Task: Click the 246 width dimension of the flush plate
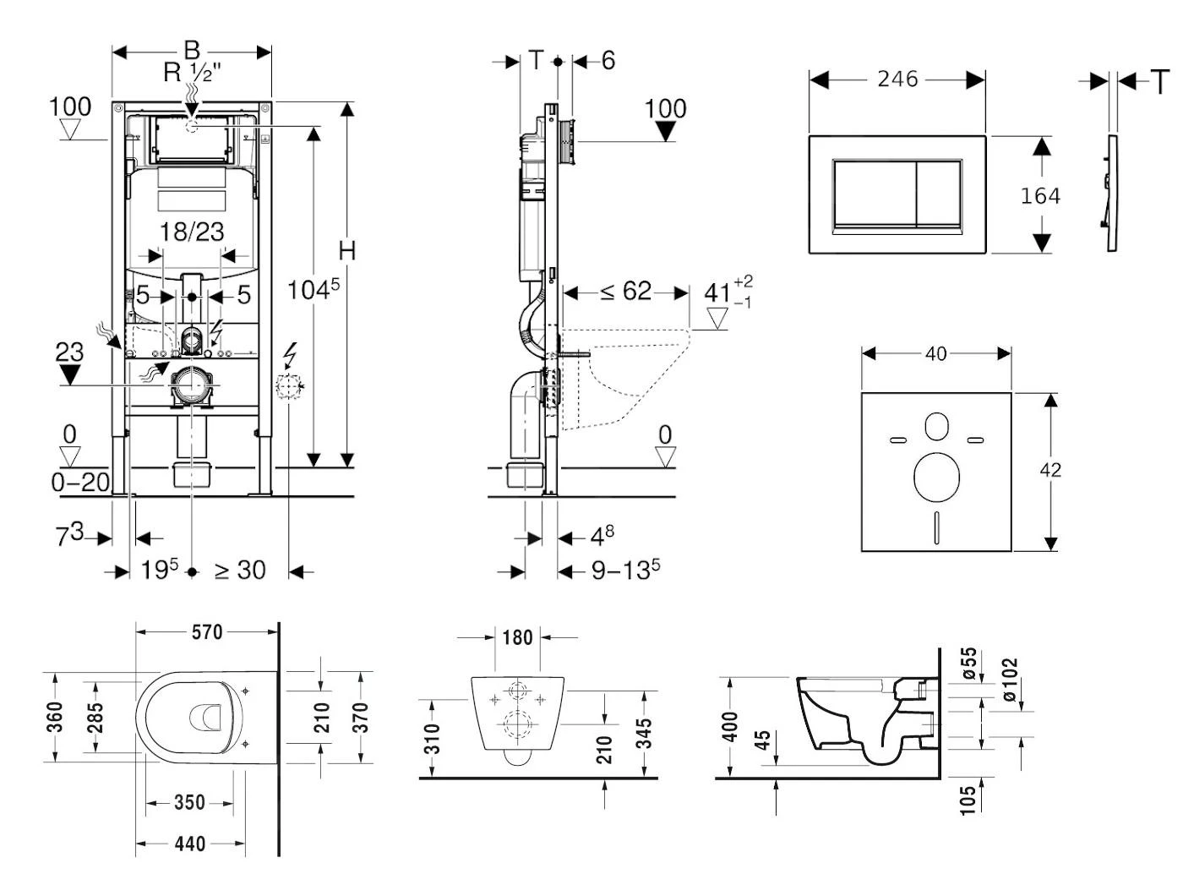pyautogui.click(x=897, y=79)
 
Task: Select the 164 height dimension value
pyautogui.click(x=1040, y=195)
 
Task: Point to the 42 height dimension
pyautogui.click(x=1050, y=469)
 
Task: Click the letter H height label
pyautogui.click(x=346, y=250)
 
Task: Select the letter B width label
pyautogui.click(x=192, y=50)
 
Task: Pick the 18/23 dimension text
pyautogui.click(x=192, y=232)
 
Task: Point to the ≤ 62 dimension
pyautogui.click(x=626, y=292)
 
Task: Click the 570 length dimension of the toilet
pyautogui.click(x=207, y=631)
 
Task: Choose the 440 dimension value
pyautogui.click(x=190, y=844)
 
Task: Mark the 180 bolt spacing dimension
pyautogui.click(x=517, y=636)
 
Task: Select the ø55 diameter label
pyautogui.click(x=969, y=664)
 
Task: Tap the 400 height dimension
pyautogui.click(x=731, y=726)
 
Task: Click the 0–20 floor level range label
pyautogui.click(x=80, y=482)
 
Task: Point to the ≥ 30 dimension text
pyautogui.click(x=240, y=571)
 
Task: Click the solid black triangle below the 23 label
pyautogui.click(x=70, y=374)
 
